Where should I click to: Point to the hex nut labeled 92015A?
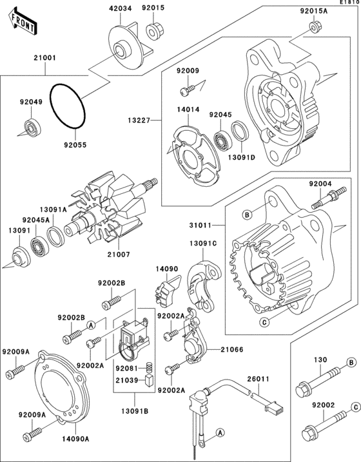coord(314,27)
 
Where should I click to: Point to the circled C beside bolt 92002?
coord(354,407)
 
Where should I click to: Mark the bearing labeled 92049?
coord(30,124)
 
